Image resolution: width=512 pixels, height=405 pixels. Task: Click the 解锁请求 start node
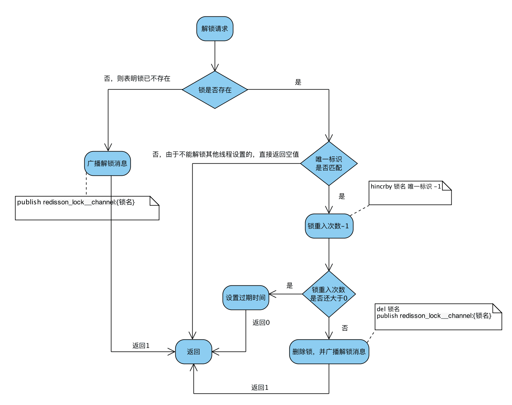[x=215, y=29]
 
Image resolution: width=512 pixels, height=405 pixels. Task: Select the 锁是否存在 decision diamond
[x=215, y=90]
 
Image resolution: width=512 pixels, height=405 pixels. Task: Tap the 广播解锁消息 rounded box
[x=107, y=163]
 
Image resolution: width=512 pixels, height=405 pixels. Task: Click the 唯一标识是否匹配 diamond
[x=329, y=163]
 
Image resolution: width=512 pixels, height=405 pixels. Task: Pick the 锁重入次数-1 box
[x=329, y=226]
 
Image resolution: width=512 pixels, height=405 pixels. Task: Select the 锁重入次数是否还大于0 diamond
[x=329, y=294]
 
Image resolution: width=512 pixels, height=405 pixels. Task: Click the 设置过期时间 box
[x=246, y=298]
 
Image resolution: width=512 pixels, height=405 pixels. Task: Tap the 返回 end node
[x=194, y=352]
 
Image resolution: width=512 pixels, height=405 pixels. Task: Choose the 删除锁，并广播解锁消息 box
[x=329, y=352]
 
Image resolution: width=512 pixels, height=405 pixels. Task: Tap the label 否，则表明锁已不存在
[x=137, y=79]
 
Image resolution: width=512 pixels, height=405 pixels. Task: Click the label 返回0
[x=261, y=322]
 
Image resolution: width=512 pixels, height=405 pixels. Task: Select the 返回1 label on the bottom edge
[x=260, y=387]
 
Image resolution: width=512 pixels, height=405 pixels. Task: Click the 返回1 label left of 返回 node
[x=141, y=345]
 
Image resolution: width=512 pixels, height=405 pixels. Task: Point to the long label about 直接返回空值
[x=226, y=155]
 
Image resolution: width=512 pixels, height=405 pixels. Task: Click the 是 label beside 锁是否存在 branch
[x=298, y=82]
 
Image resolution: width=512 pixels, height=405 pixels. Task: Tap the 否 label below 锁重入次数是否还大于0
[x=345, y=328]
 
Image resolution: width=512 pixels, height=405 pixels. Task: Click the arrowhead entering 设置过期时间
[x=272, y=294]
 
